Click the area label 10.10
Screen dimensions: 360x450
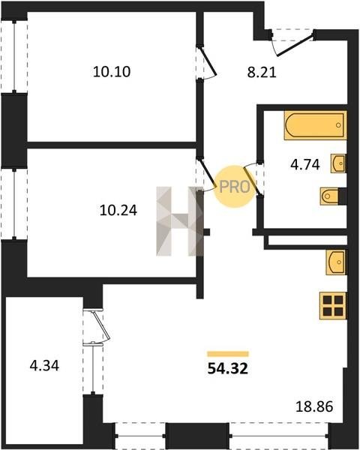click(112, 71)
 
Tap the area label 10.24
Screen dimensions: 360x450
click(118, 210)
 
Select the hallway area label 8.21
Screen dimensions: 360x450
click(262, 73)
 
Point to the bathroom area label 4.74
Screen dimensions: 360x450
click(305, 165)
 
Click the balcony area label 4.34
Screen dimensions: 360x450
click(44, 366)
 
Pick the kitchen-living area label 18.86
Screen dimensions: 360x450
click(314, 406)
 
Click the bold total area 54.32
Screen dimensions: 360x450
click(228, 368)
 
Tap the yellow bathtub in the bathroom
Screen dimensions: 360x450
click(315, 125)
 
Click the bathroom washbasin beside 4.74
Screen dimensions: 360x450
click(338, 163)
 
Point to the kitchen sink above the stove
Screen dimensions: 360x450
click(335, 262)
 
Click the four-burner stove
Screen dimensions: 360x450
click(333, 306)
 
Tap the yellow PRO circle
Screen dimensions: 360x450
click(235, 187)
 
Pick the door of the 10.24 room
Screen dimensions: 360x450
click(207, 172)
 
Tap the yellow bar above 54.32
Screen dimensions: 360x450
click(228, 353)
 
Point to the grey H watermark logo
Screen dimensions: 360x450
click(180, 221)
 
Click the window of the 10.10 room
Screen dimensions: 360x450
click(14, 56)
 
